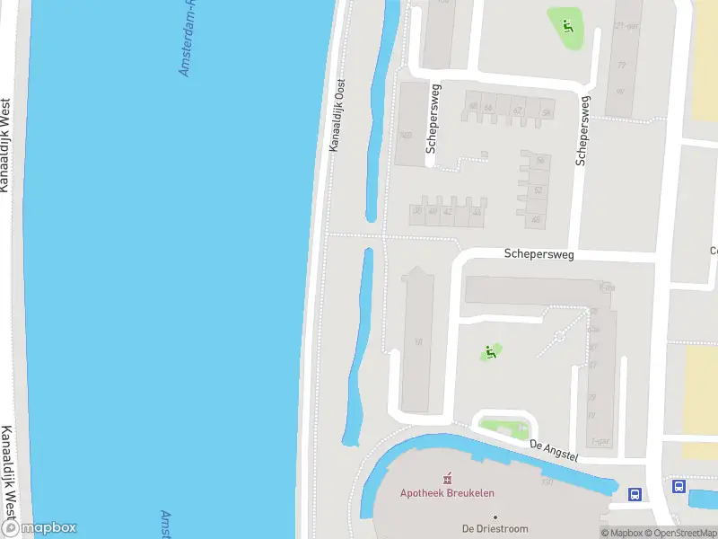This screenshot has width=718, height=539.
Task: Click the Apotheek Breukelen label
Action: [x=447, y=493]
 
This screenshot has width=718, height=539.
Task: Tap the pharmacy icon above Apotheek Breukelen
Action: [x=447, y=478]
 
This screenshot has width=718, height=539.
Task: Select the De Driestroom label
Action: [x=495, y=529]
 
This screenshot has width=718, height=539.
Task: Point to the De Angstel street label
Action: [x=554, y=450]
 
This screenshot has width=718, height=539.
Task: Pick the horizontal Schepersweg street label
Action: [x=538, y=254]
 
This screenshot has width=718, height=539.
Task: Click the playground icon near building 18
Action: [x=490, y=352]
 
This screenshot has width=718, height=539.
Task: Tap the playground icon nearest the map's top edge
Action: [x=567, y=24]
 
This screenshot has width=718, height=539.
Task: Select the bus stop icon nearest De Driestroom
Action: [x=635, y=494]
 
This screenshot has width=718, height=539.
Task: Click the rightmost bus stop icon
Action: [x=679, y=487]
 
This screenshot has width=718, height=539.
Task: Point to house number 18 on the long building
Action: [x=418, y=341]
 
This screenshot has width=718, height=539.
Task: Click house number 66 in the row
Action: [x=473, y=107]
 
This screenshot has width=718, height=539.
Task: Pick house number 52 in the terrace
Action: [x=538, y=190]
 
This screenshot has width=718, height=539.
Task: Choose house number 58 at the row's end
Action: [x=545, y=113]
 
